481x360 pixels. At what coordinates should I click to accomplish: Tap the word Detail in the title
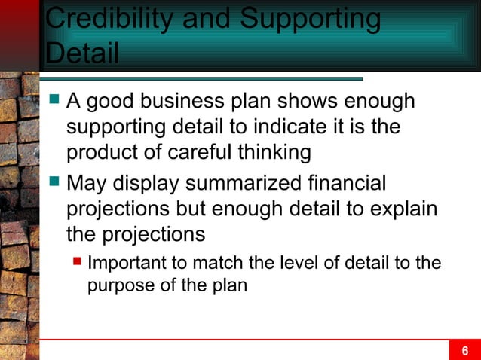coord(82,53)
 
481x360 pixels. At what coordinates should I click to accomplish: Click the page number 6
coord(465,350)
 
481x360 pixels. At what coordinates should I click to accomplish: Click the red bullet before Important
coord(77,263)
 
